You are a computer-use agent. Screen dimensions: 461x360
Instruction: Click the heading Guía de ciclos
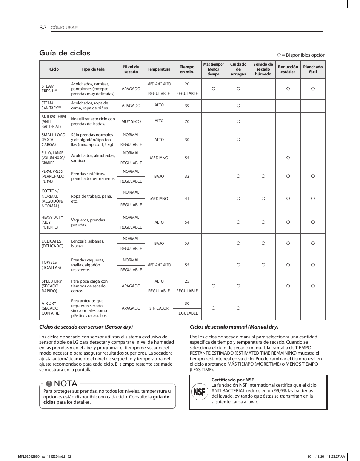pyautogui.click(x=65, y=53)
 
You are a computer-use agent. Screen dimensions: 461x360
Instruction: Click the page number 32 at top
pyautogui.click(x=43, y=28)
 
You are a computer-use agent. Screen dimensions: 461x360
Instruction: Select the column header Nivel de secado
pyautogui.click(x=131, y=69)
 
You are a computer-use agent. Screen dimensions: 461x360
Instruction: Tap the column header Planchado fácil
pyautogui.click(x=313, y=69)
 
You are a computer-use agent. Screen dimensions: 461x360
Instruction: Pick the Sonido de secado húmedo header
pyautogui.click(x=263, y=69)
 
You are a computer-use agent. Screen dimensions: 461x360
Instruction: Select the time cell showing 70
pyautogui.click(x=187, y=122)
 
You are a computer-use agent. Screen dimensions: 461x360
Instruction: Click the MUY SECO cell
pyautogui.click(x=131, y=122)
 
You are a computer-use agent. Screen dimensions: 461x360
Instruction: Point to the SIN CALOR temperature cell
pyautogui.click(x=159, y=308)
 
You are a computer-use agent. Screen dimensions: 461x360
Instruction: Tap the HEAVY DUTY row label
pyautogui.click(x=52, y=222)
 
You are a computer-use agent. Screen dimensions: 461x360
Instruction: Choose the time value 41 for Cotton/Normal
pyautogui.click(x=187, y=198)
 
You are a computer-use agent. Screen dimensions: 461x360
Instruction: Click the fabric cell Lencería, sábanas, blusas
pyautogui.click(x=88, y=244)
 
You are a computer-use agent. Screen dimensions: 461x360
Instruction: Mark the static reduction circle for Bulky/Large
pyautogui.click(x=288, y=158)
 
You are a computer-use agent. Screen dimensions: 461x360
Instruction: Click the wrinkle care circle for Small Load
pyautogui.click(x=238, y=140)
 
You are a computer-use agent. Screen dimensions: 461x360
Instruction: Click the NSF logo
pyautogui.click(x=199, y=392)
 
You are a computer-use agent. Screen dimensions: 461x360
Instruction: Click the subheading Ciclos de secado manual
pyautogui.click(x=234, y=327)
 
